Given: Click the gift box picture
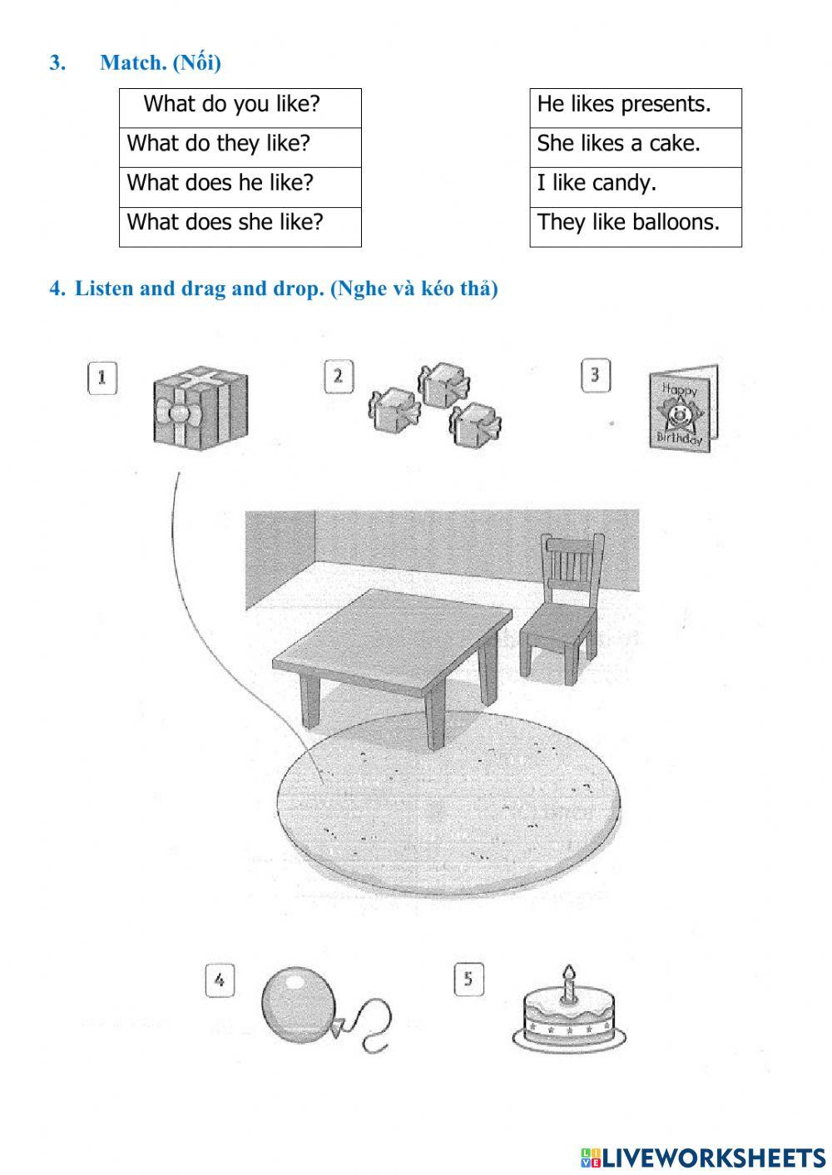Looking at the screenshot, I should pos(201,405).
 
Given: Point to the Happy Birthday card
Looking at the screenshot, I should pos(682,408).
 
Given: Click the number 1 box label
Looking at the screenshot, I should pos(102,378).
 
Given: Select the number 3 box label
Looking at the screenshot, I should pos(594,375).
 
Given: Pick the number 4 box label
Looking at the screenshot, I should pos(220,980).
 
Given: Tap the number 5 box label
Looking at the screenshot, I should pos(468,980).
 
